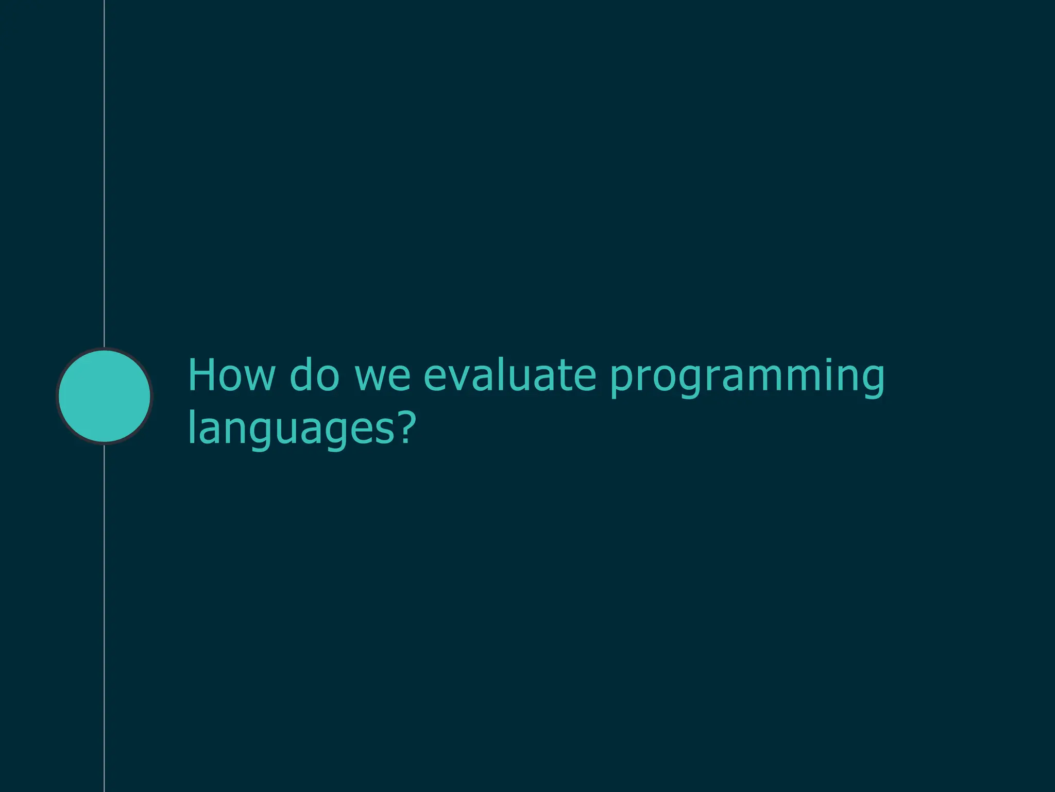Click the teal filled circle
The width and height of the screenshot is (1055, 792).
pyautogui.click(x=105, y=395)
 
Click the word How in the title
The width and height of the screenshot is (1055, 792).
pyautogui.click(x=231, y=375)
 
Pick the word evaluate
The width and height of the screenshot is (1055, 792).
pyautogui.click(x=509, y=375)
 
